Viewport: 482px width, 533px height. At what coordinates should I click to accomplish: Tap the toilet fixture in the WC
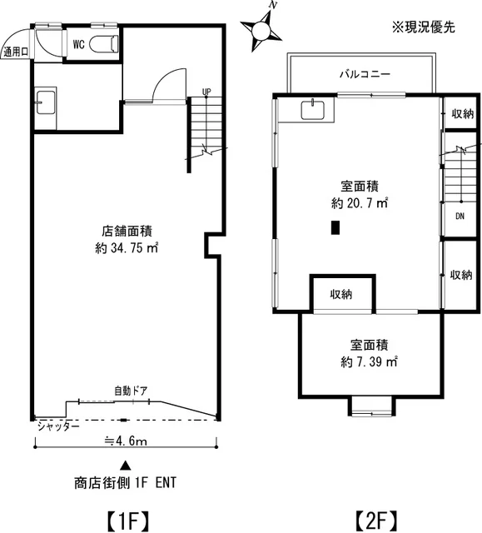(x=105, y=44)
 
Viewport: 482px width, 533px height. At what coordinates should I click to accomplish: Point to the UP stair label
(x=205, y=92)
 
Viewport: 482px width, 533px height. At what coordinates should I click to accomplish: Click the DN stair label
(x=459, y=216)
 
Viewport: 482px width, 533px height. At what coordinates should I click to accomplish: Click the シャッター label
(x=57, y=426)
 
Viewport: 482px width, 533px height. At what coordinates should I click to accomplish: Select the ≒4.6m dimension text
(x=125, y=442)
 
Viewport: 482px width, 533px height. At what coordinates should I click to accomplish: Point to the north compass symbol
(x=263, y=27)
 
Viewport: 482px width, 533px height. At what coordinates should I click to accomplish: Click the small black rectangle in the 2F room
(x=335, y=227)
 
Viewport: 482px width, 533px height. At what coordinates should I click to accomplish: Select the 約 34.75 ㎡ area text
(x=126, y=247)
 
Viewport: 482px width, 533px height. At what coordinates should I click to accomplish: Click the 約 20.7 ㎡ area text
(x=360, y=202)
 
